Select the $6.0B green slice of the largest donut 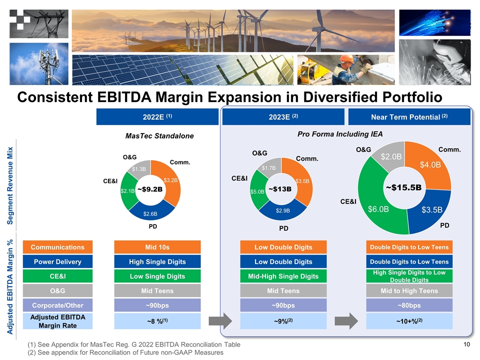(378, 208)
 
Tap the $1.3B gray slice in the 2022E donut (139, 169)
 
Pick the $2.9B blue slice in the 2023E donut (283, 210)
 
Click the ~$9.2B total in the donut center (150, 189)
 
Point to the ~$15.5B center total (403, 187)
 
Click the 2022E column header (157, 117)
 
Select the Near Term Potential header (409, 117)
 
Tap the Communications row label (57, 247)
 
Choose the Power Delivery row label (57, 261)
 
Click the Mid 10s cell (157, 247)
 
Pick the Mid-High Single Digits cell (283, 276)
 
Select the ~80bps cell (409, 305)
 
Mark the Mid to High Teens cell (409, 290)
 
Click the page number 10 (467, 344)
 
